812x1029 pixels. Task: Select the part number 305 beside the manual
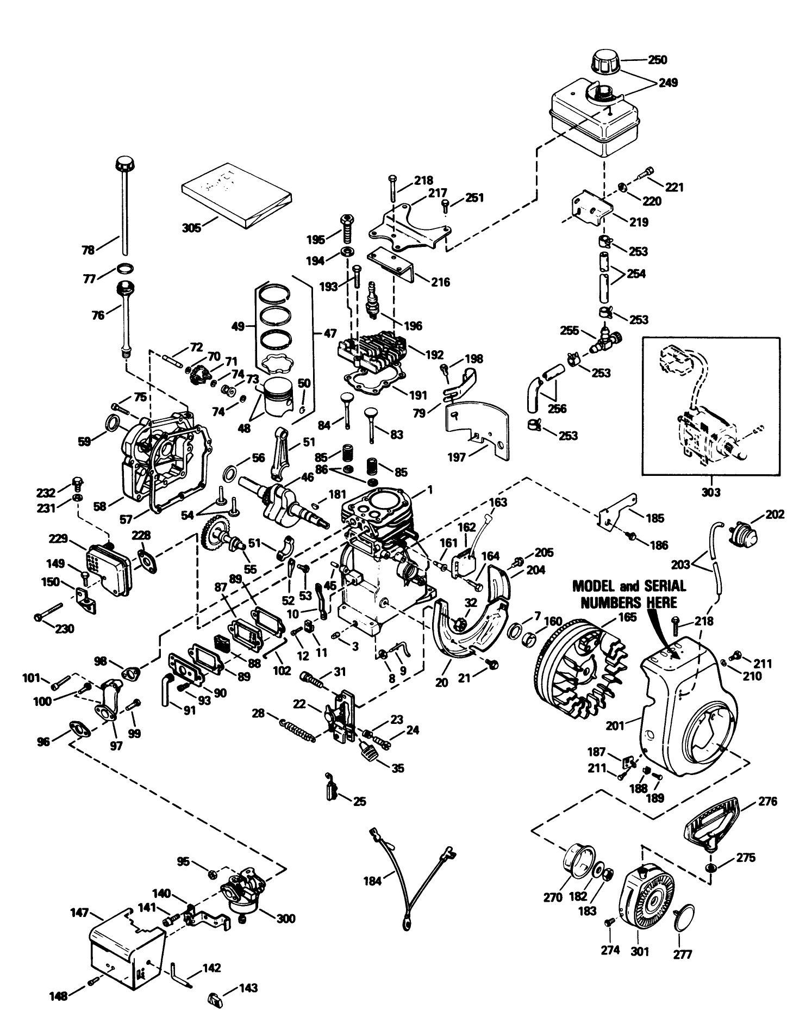pyautogui.click(x=191, y=227)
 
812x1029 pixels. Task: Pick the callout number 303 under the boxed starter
pyautogui.click(x=710, y=492)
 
